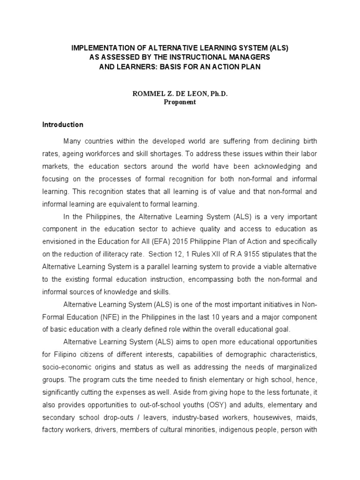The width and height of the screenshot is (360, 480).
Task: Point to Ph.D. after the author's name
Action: (x=217, y=94)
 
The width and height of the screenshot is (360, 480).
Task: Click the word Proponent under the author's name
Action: (x=180, y=102)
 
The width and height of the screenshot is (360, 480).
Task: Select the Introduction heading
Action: (x=63, y=125)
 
